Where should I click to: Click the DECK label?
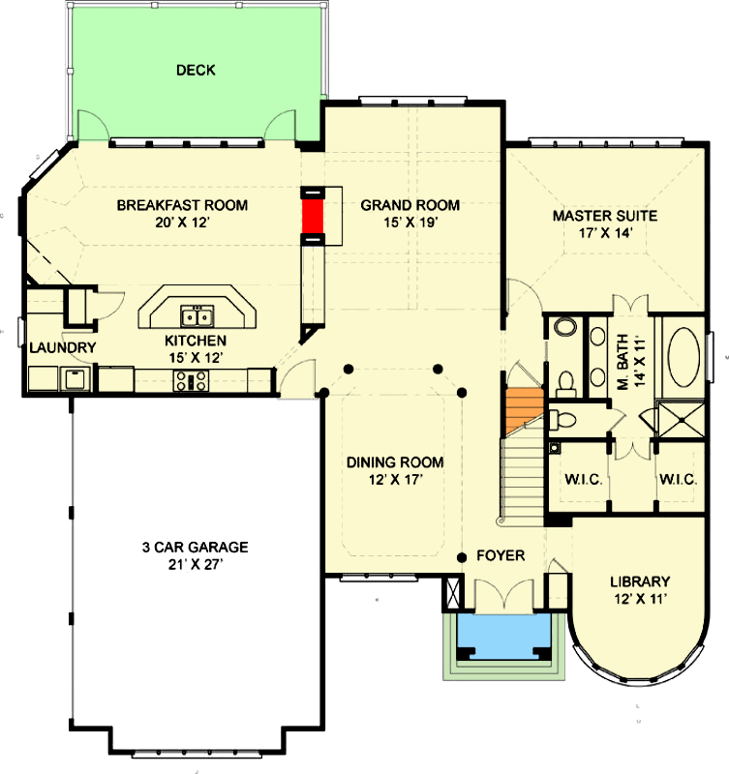pos(196,70)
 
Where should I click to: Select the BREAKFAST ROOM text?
pos(182,205)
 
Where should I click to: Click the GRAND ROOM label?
pos(410,205)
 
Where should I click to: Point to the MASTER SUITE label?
pos(604,215)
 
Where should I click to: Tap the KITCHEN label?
pos(195,341)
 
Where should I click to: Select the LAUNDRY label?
pos(62,348)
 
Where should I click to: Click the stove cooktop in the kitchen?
pos(190,381)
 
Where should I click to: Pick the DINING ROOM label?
pos(395,461)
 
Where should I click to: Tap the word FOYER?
pos(501,555)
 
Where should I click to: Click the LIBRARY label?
pos(640,581)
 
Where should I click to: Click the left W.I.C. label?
pos(579,477)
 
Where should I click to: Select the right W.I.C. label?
pos(678,477)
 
